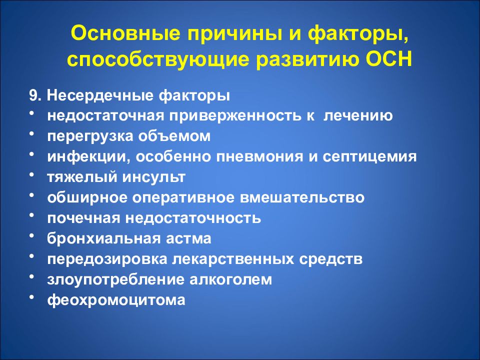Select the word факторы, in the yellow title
point(358,33)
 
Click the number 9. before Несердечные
point(35,96)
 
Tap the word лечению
point(358,116)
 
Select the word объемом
point(174,136)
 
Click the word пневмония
point(259,156)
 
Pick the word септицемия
point(369,156)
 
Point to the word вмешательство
point(302,198)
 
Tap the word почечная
point(83,218)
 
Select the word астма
point(188,239)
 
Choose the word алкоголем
point(230,279)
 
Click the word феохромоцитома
point(116,300)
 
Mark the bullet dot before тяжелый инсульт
point(32,175)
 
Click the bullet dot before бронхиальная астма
point(32,236)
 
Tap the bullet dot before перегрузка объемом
point(32,134)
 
